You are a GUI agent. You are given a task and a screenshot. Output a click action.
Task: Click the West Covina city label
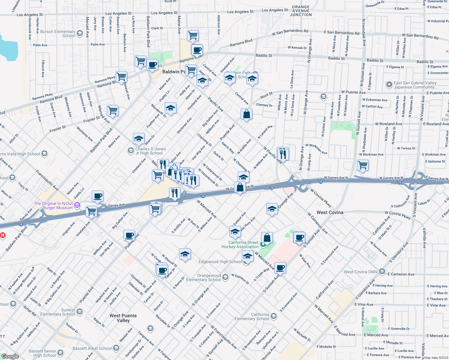coord(330,212)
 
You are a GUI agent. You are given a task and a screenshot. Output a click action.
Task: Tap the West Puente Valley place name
coord(123,318)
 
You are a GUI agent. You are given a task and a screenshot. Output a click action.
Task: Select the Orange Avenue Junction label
coord(301,11)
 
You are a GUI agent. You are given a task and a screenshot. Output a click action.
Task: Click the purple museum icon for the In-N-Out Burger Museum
coord(77,205)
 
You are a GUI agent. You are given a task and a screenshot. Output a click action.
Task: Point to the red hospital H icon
coord(3,235)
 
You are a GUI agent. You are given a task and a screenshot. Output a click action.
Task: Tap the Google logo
coord(10,356)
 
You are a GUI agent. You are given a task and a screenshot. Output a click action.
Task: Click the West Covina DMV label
coord(360,272)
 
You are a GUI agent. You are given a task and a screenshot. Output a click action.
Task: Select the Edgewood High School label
coord(220,262)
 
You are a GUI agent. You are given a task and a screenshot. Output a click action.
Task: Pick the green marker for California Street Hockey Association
coord(263,245)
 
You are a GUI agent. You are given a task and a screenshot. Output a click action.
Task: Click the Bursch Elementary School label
coord(58,34)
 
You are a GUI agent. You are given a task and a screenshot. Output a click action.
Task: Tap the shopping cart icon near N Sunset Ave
coord(363,165)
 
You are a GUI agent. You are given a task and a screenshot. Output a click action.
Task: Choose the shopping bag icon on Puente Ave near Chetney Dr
coord(246,114)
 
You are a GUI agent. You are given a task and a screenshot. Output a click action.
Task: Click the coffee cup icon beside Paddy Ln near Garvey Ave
coord(98,196)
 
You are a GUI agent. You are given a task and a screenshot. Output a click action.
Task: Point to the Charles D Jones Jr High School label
coord(150,151)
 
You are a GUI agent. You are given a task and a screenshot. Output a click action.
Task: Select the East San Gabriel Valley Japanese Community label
coord(415,85)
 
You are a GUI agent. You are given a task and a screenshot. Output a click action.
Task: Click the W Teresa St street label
coord(406,148)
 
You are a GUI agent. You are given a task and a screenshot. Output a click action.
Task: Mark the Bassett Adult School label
coord(92,348)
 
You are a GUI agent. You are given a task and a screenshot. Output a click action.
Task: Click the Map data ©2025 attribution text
coord(436,358)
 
